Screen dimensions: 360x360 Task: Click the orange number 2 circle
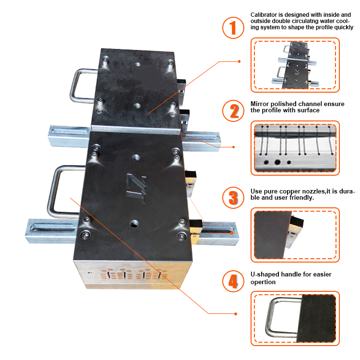[x=233, y=111]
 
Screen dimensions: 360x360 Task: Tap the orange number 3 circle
[x=233, y=197]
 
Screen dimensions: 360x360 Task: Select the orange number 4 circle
[x=233, y=281]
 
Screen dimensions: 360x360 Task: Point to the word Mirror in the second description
[x=260, y=104]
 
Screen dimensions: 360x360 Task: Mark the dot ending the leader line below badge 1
[x=240, y=62]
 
